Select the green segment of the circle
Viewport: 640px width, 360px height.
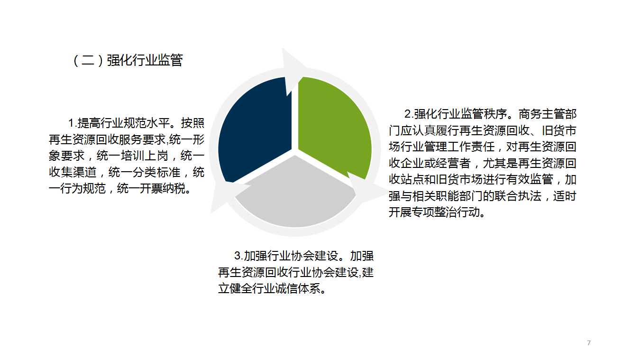pyautogui.click(x=334, y=126)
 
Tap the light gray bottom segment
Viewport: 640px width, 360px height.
pyautogui.click(x=296, y=197)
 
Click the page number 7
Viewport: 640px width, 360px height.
pyautogui.click(x=589, y=343)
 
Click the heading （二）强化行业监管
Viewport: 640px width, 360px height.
pyautogui.click(x=128, y=60)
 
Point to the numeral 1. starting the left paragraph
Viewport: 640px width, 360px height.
pyautogui.click(x=73, y=123)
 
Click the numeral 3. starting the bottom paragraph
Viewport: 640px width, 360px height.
pyautogui.click(x=239, y=256)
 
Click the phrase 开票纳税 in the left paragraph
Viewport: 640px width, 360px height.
pyautogui.click(x=163, y=189)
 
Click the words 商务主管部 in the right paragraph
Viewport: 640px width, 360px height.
pyautogui.click(x=548, y=114)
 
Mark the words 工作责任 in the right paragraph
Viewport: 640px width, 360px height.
pyautogui.click(x=471, y=147)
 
